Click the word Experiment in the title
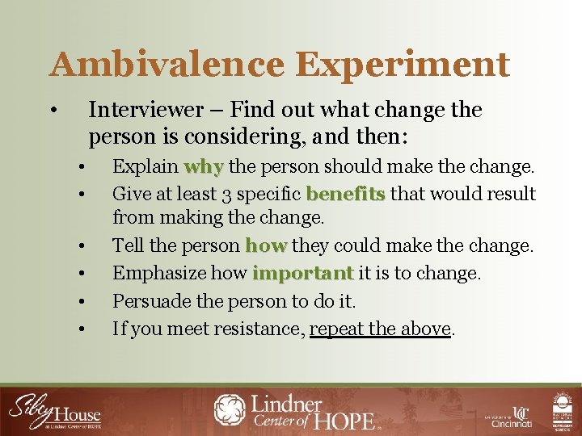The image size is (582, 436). [x=398, y=64]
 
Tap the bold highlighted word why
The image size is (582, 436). [x=203, y=167]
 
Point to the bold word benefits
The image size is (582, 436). [x=347, y=194]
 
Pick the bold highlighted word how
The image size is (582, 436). [x=265, y=245]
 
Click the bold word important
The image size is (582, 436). [x=303, y=274]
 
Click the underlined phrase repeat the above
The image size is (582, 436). [x=380, y=329]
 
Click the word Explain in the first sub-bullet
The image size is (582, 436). [x=145, y=167]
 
